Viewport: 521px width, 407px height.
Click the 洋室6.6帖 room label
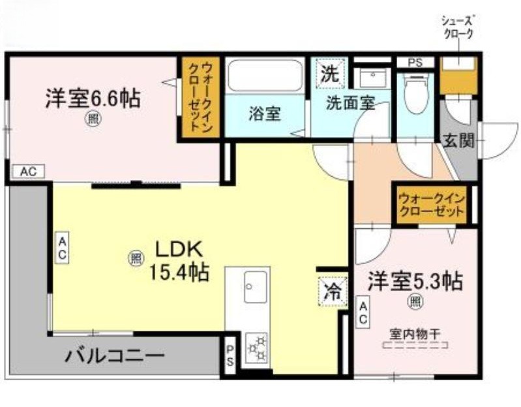(x=93, y=98)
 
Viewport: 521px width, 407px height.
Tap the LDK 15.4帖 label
(x=179, y=261)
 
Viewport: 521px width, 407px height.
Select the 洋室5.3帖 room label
(x=415, y=281)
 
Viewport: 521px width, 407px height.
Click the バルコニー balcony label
(x=115, y=356)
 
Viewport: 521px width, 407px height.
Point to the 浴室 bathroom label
(x=265, y=113)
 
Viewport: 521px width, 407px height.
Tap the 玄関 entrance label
(x=459, y=140)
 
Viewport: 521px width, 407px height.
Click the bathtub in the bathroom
(x=265, y=76)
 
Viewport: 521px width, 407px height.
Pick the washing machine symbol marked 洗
(x=330, y=74)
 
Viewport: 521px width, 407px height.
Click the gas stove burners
(x=257, y=348)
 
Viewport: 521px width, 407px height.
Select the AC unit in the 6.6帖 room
(x=28, y=172)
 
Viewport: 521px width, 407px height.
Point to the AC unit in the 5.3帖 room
(x=363, y=312)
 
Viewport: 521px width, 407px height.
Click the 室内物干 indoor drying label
(x=415, y=335)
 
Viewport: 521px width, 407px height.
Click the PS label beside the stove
(x=230, y=355)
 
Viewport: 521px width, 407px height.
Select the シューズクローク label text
(x=456, y=27)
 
